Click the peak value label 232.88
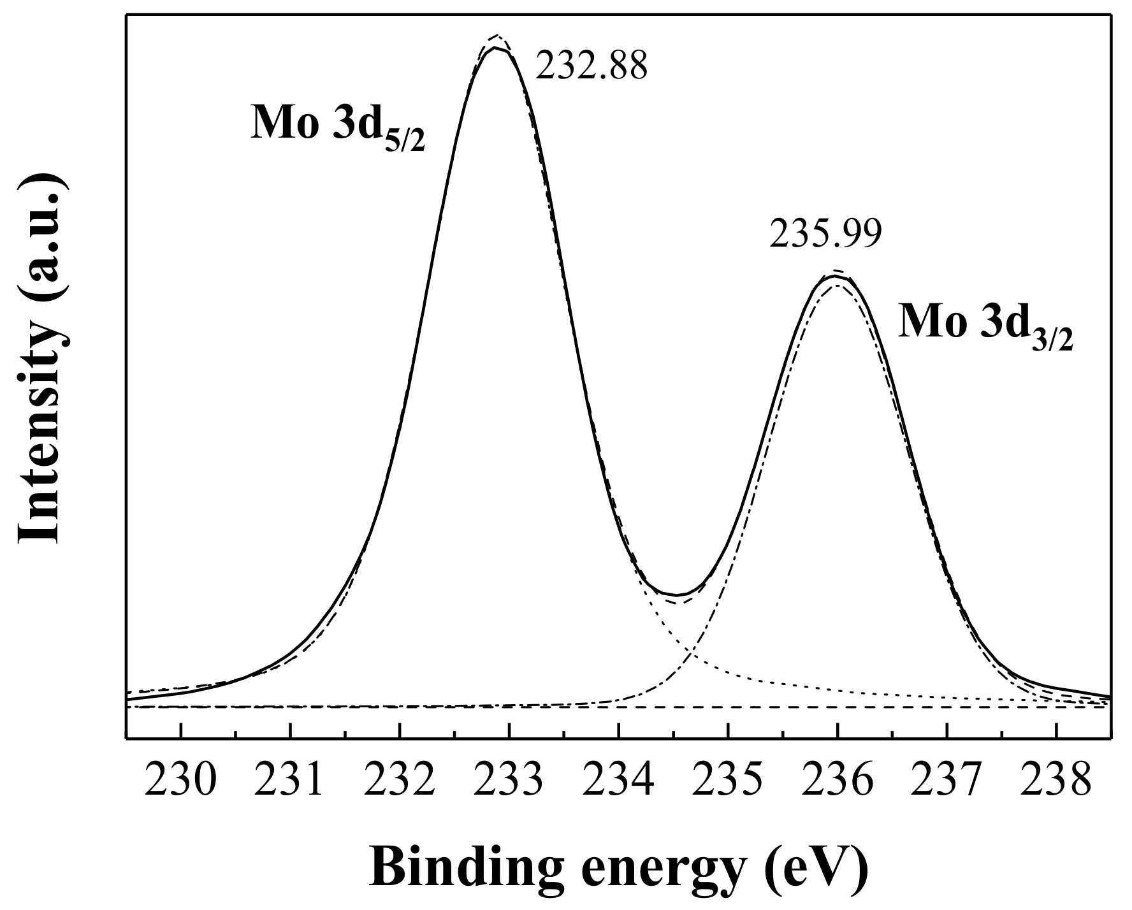(591, 66)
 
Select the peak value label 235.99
(825, 234)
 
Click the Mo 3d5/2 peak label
(337, 126)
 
